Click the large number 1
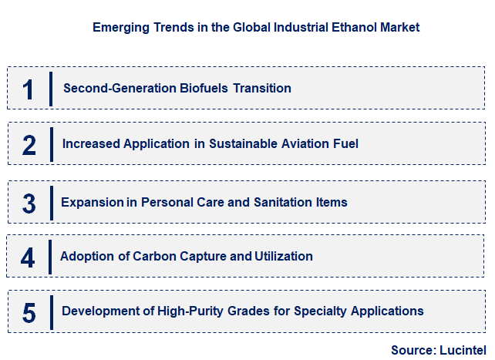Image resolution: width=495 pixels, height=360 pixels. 28,89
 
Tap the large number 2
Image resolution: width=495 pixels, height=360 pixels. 29,144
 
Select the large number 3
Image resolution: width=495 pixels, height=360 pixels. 29,204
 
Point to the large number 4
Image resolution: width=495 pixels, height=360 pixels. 28,257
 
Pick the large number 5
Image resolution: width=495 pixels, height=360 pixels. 29,312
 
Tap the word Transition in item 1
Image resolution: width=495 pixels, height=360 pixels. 262,88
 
